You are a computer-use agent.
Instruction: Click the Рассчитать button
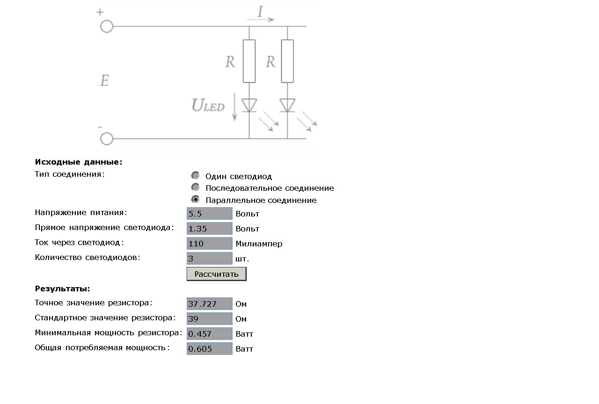coord(216,274)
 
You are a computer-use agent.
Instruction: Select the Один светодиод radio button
coord(196,175)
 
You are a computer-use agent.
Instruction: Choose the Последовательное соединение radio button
coord(196,188)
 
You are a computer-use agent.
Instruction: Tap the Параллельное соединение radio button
coord(196,199)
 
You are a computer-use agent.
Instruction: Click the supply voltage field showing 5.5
coord(209,214)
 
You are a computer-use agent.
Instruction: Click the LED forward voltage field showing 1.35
coord(209,229)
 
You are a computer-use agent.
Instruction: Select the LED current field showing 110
coord(209,244)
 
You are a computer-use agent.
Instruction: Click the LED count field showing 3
coord(209,259)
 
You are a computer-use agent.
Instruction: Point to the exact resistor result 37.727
coord(209,304)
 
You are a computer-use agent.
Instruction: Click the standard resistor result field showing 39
coord(209,319)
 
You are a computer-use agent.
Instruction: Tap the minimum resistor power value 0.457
coord(209,334)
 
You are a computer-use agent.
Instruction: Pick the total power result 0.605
coord(209,349)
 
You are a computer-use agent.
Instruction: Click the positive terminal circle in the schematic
coord(107,27)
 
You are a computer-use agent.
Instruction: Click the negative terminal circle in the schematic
coord(107,139)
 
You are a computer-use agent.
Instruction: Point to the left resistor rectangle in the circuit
coord(249,61)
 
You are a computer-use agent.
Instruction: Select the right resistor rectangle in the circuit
coord(287,61)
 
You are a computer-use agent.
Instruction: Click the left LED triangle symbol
coord(249,105)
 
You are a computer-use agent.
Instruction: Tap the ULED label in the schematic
coord(208,105)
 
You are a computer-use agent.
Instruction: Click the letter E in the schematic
coord(104,80)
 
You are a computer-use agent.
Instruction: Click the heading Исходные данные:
coord(79,162)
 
